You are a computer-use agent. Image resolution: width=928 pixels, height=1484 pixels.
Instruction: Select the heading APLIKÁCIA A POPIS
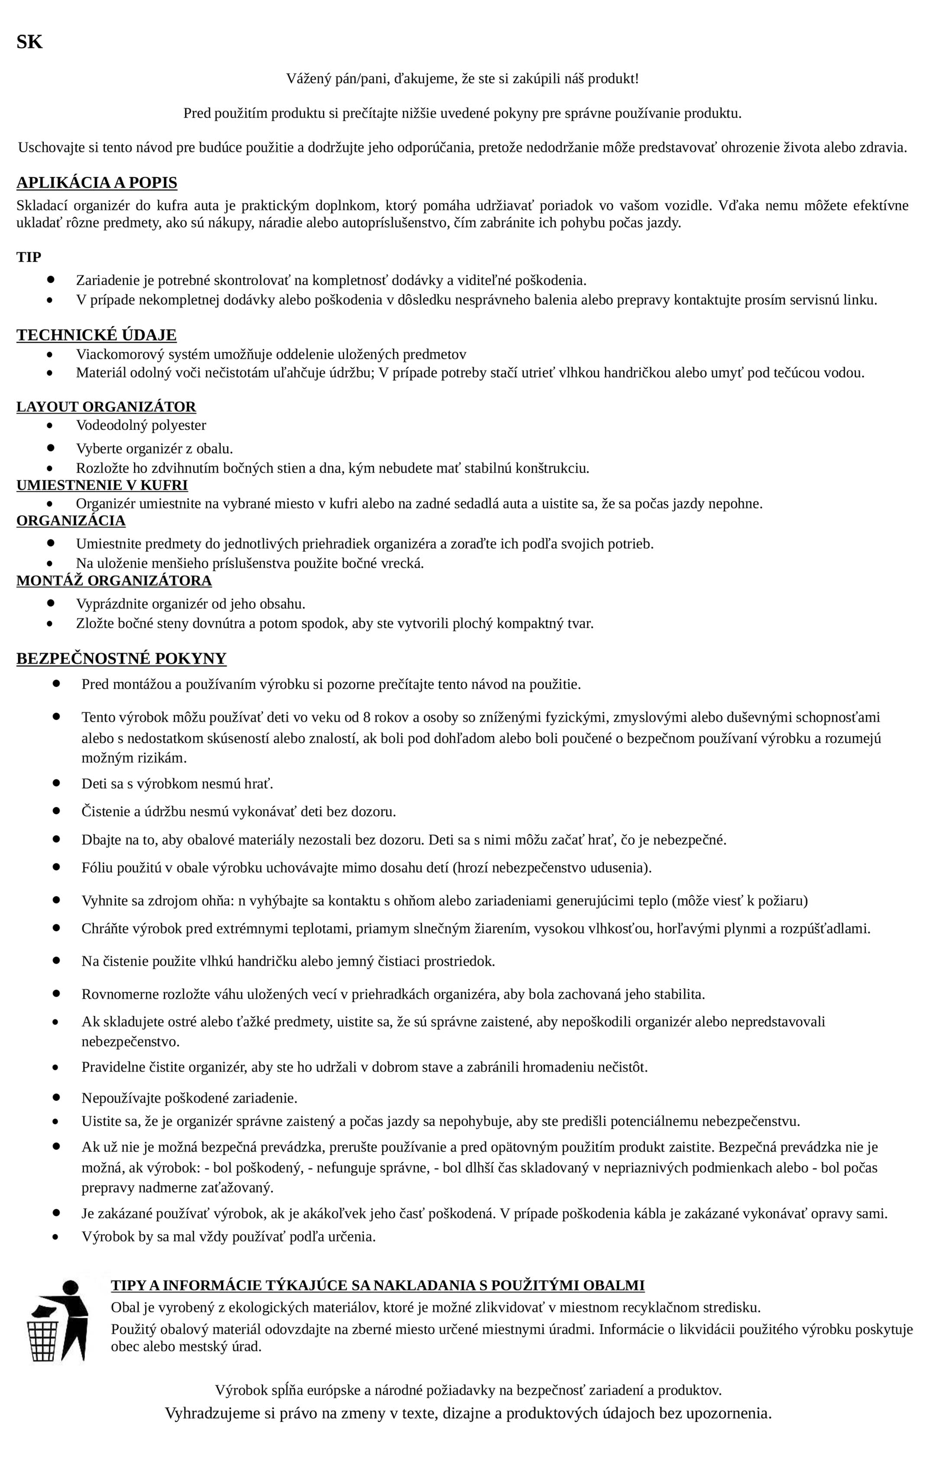[97, 182]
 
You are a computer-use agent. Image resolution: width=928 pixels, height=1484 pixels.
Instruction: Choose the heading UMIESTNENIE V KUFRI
[102, 485]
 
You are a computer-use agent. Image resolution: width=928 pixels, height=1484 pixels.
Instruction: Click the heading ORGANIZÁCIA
[71, 521]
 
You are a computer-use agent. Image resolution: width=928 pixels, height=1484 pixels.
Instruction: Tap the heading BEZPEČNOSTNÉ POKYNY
[121, 658]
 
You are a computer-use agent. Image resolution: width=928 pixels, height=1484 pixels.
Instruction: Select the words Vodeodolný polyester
[141, 425]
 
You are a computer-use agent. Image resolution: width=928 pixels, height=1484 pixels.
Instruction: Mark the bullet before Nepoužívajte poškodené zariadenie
[56, 1096]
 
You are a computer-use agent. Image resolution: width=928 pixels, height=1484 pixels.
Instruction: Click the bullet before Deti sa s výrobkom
[56, 783]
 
